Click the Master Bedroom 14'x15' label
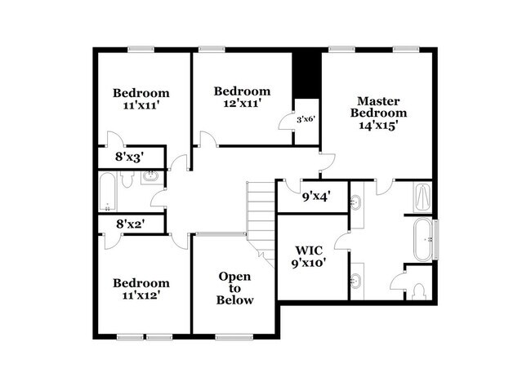(377, 113)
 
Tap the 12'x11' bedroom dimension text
(241, 104)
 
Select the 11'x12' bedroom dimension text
(141, 295)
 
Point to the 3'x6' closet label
(306, 119)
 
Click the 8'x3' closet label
(130, 157)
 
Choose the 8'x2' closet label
(130, 223)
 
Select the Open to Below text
(234, 288)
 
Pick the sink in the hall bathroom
(150, 175)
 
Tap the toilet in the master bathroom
(419, 290)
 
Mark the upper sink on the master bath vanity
(357, 202)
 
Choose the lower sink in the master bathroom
(357, 282)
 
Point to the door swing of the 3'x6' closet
(287, 121)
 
